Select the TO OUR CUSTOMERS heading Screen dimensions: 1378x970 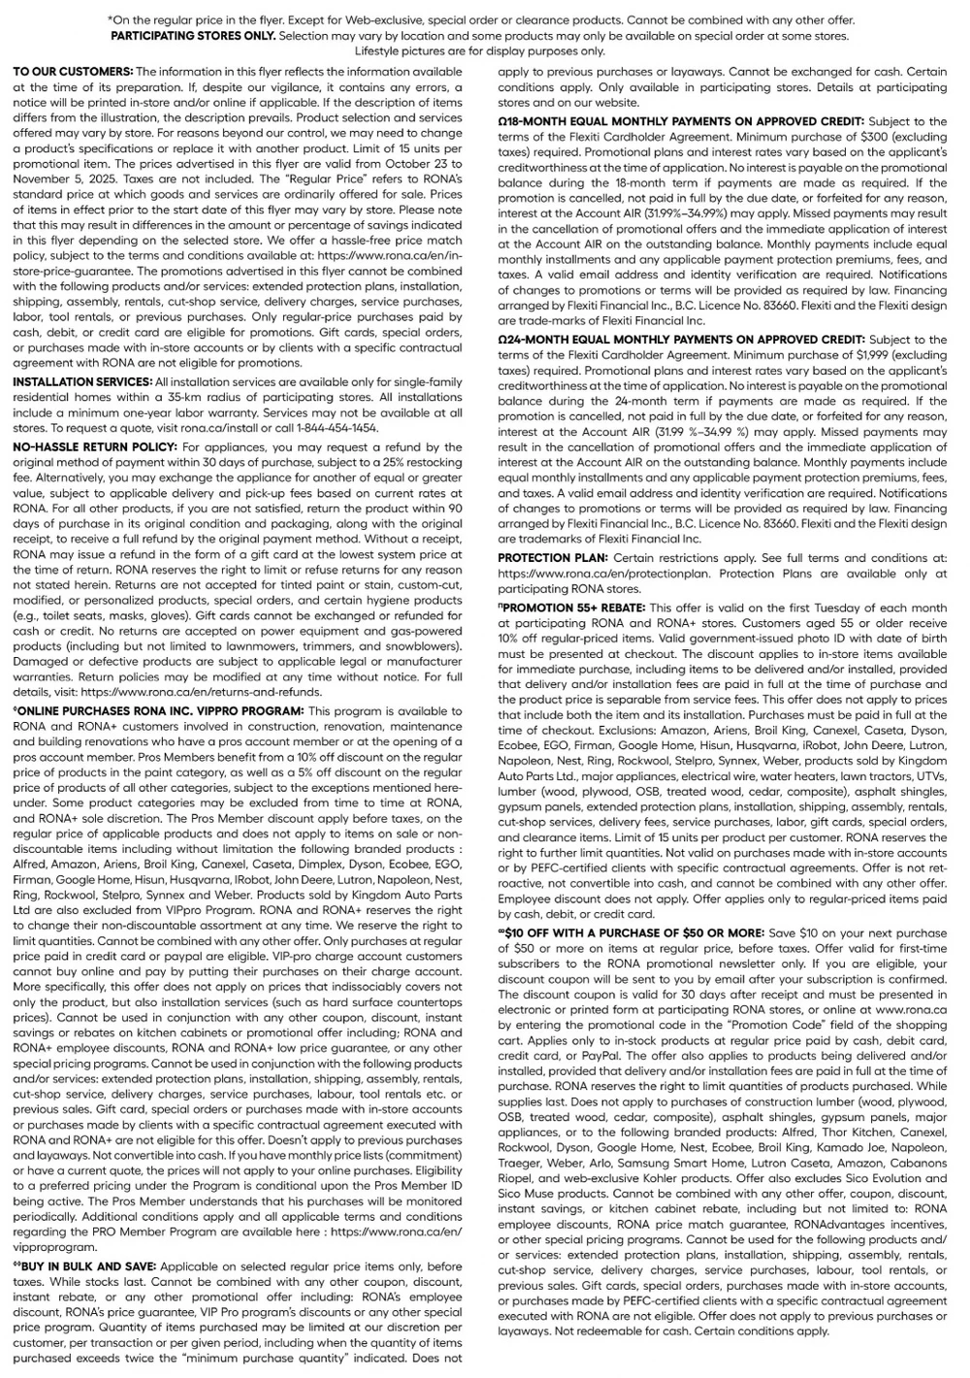coord(73,72)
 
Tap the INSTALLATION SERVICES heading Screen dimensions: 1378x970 coord(82,381)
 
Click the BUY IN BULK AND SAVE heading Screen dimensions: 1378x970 coord(85,1266)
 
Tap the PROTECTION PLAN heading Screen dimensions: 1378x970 coord(553,558)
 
